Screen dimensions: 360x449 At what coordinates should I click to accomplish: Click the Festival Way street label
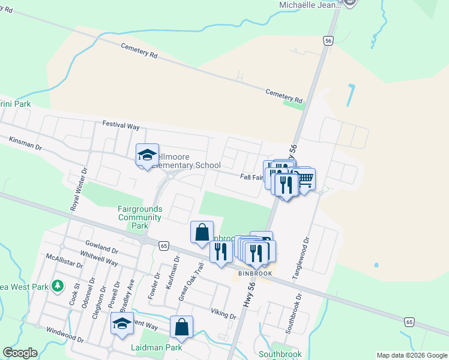121,125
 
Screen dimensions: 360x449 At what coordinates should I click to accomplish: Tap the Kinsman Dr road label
25,143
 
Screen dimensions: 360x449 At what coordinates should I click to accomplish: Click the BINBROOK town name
255,273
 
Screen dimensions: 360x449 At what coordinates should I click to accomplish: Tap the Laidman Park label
148,347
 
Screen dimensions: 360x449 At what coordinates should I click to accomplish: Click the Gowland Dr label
101,247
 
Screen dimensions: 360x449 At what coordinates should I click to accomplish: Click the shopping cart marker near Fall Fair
305,178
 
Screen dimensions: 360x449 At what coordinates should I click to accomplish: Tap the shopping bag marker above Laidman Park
181,328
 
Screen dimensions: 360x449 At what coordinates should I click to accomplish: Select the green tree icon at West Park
58,285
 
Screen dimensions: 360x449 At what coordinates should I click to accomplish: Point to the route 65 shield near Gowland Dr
163,245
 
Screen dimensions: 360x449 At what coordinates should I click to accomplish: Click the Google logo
20,353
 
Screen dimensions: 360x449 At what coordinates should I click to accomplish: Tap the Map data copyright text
412,355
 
